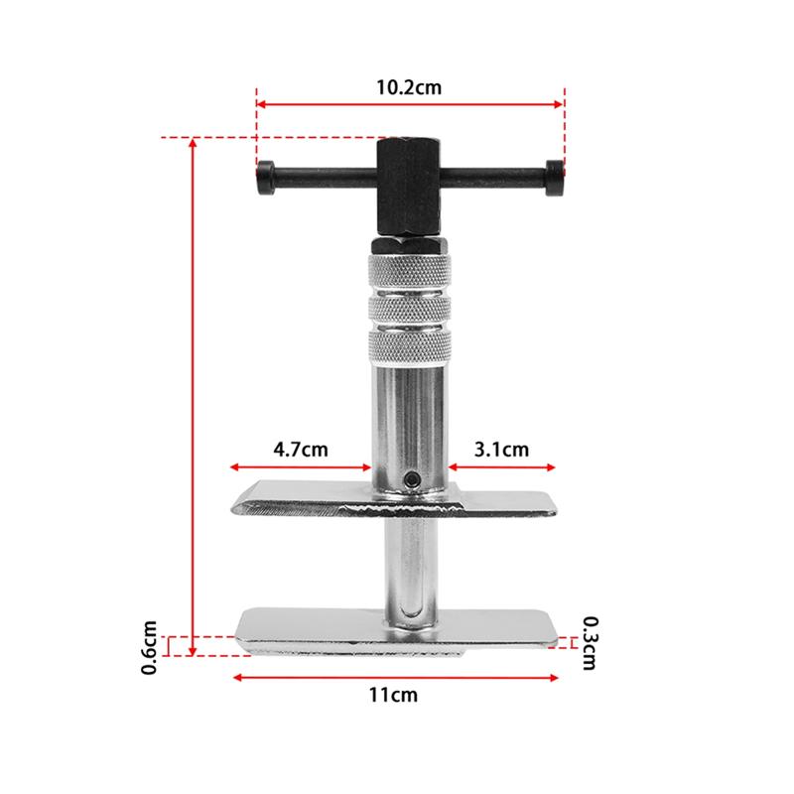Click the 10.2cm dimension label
[x=409, y=87]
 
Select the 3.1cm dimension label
[x=500, y=449]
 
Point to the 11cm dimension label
[x=396, y=694]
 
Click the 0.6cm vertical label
[x=149, y=647]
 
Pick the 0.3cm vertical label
[x=590, y=641]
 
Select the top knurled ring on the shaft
[x=411, y=270]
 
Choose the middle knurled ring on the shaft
[x=411, y=309]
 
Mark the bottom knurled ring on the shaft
[x=411, y=348]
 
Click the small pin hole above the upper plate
[x=412, y=481]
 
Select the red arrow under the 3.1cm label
[x=501, y=465]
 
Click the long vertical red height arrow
[x=192, y=397]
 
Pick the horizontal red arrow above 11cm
[x=396, y=677]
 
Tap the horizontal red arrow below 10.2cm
[x=409, y=102]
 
